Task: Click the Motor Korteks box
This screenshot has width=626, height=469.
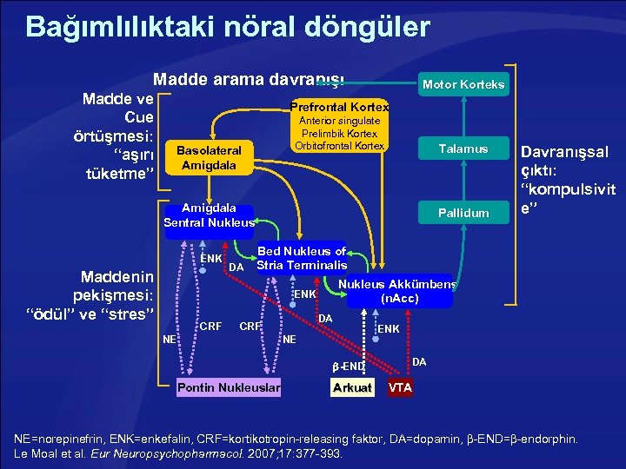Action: click(x=463, y=84)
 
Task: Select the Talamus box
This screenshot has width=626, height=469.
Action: click(x=462, y=149)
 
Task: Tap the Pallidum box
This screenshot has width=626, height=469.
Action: click(x=462, y=212)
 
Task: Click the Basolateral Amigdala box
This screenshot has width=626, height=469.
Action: click(x=209, y=157)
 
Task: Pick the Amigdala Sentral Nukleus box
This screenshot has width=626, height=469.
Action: click(x=209, y=215)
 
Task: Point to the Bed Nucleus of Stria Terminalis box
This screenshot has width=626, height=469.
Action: click(x=302, y=258)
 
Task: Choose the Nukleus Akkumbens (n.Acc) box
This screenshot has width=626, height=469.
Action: click(x=399, y=291)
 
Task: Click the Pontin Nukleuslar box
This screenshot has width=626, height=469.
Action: click(x=229, y=387)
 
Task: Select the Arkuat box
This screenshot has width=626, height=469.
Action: click(x=352, y=387)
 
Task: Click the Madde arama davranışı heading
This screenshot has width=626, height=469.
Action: click(x=249, y=79)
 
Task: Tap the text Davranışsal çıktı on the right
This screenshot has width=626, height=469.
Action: click(x=568, y=161)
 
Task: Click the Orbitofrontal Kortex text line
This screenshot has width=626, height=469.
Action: click(x=338, y=146)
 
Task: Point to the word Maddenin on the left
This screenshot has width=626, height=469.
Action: click(x=117, y=277)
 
